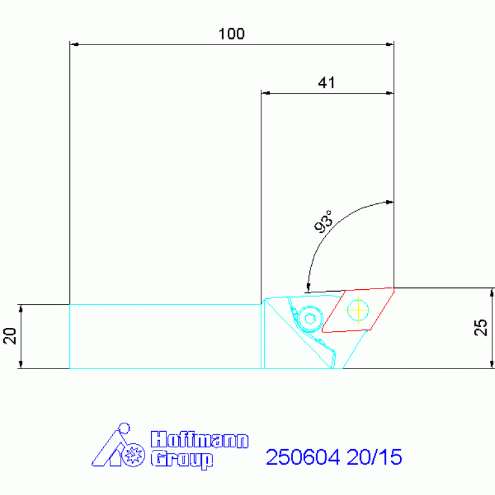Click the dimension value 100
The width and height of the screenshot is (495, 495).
pyautogui.click(x=232, y=34)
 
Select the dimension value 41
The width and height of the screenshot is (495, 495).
pyautogui.click(x=327, y=83)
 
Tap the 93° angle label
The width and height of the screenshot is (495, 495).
pyautogui.click(x=324, y=221)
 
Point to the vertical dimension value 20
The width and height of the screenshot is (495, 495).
pyautogui.click(x=10, y=336)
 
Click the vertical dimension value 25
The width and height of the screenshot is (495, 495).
pyautogui.click(x=481, y=327)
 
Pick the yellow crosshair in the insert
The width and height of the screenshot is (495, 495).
pyautogui.click(x=358, y=310)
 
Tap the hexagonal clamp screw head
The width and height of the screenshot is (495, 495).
pyautogui.click(x=310, y=319)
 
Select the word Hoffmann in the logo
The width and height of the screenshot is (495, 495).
pyautogui.click(x=199, y=439)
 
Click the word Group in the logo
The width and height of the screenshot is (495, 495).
pyautogui.click(x=182, y=460)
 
